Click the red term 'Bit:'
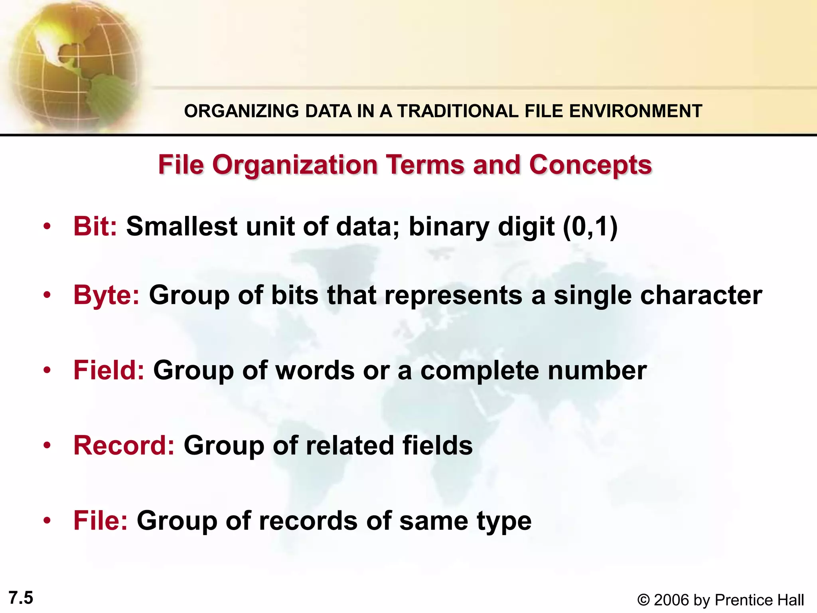pos(95,226)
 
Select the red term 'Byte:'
pos(107,296)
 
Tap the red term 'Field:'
pos(109,370)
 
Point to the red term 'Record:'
pos(124,445)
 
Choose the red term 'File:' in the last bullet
pos(101,520)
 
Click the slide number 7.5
pos(21,598)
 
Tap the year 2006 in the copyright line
pos(671,600)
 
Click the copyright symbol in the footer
pos(643,600)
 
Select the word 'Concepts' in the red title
pos(590,165)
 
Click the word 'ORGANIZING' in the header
pos(241,111)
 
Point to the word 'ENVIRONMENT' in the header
pos(635,111)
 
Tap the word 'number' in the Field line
pos(597,370)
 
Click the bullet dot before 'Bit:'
pos(47,227)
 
